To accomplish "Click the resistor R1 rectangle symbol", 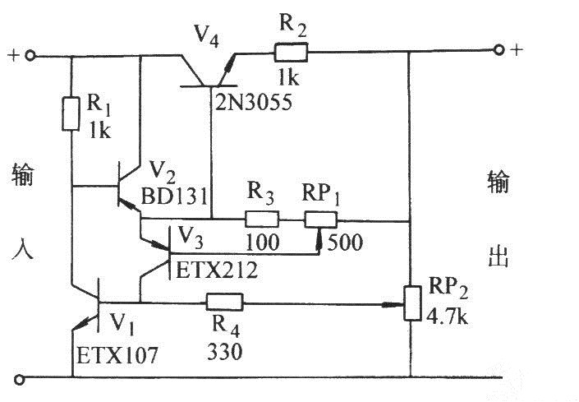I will click(71, 114).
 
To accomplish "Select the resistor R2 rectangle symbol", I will click(291, 53).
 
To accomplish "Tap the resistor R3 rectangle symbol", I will click(262, 219).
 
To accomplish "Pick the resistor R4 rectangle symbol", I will click(223, 302).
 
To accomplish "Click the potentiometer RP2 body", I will click(409, 303).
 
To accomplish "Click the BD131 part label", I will click(179, 197).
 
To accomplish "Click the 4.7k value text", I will click(449, 314).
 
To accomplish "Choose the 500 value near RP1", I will click(342, 243).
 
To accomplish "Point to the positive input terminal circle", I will click(30, 57).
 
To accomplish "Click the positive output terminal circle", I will click(499, 51).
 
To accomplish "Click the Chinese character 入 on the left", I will click(22, 249).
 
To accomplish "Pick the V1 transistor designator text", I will click(122, 319).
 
